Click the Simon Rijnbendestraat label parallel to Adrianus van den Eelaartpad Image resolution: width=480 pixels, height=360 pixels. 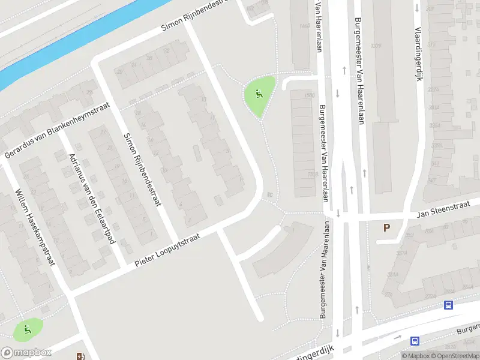[142, 170]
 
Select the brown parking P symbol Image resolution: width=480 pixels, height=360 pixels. [387, 228]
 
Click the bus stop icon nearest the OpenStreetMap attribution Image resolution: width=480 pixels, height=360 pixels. [415, 341]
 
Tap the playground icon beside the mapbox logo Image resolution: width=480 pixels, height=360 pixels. [26, 328]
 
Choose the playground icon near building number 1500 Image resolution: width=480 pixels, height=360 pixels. [259, 94]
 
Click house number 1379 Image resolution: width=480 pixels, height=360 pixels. [376, 46]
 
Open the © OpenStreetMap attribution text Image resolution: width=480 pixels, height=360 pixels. [454, 356]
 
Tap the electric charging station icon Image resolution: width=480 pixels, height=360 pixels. [81, 356]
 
